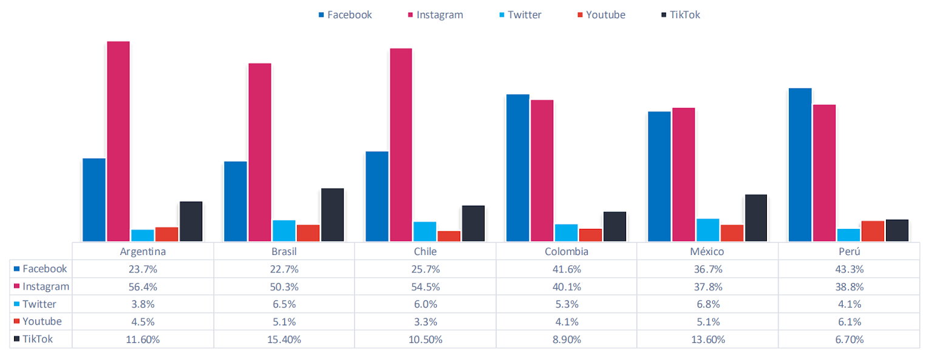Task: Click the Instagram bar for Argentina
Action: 118,141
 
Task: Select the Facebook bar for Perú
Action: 800,165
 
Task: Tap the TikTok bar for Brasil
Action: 332,214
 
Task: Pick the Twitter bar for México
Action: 707,229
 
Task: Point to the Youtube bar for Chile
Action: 449,236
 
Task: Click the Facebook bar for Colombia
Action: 517,168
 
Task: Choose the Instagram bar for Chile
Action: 401,144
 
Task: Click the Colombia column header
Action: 566,251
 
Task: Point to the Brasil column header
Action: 284,251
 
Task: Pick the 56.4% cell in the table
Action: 143,287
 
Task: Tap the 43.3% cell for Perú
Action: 848,269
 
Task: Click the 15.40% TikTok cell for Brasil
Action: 284,339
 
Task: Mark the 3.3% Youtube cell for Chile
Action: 425,322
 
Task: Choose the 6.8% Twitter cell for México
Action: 707,304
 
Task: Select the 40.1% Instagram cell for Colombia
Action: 566,287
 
